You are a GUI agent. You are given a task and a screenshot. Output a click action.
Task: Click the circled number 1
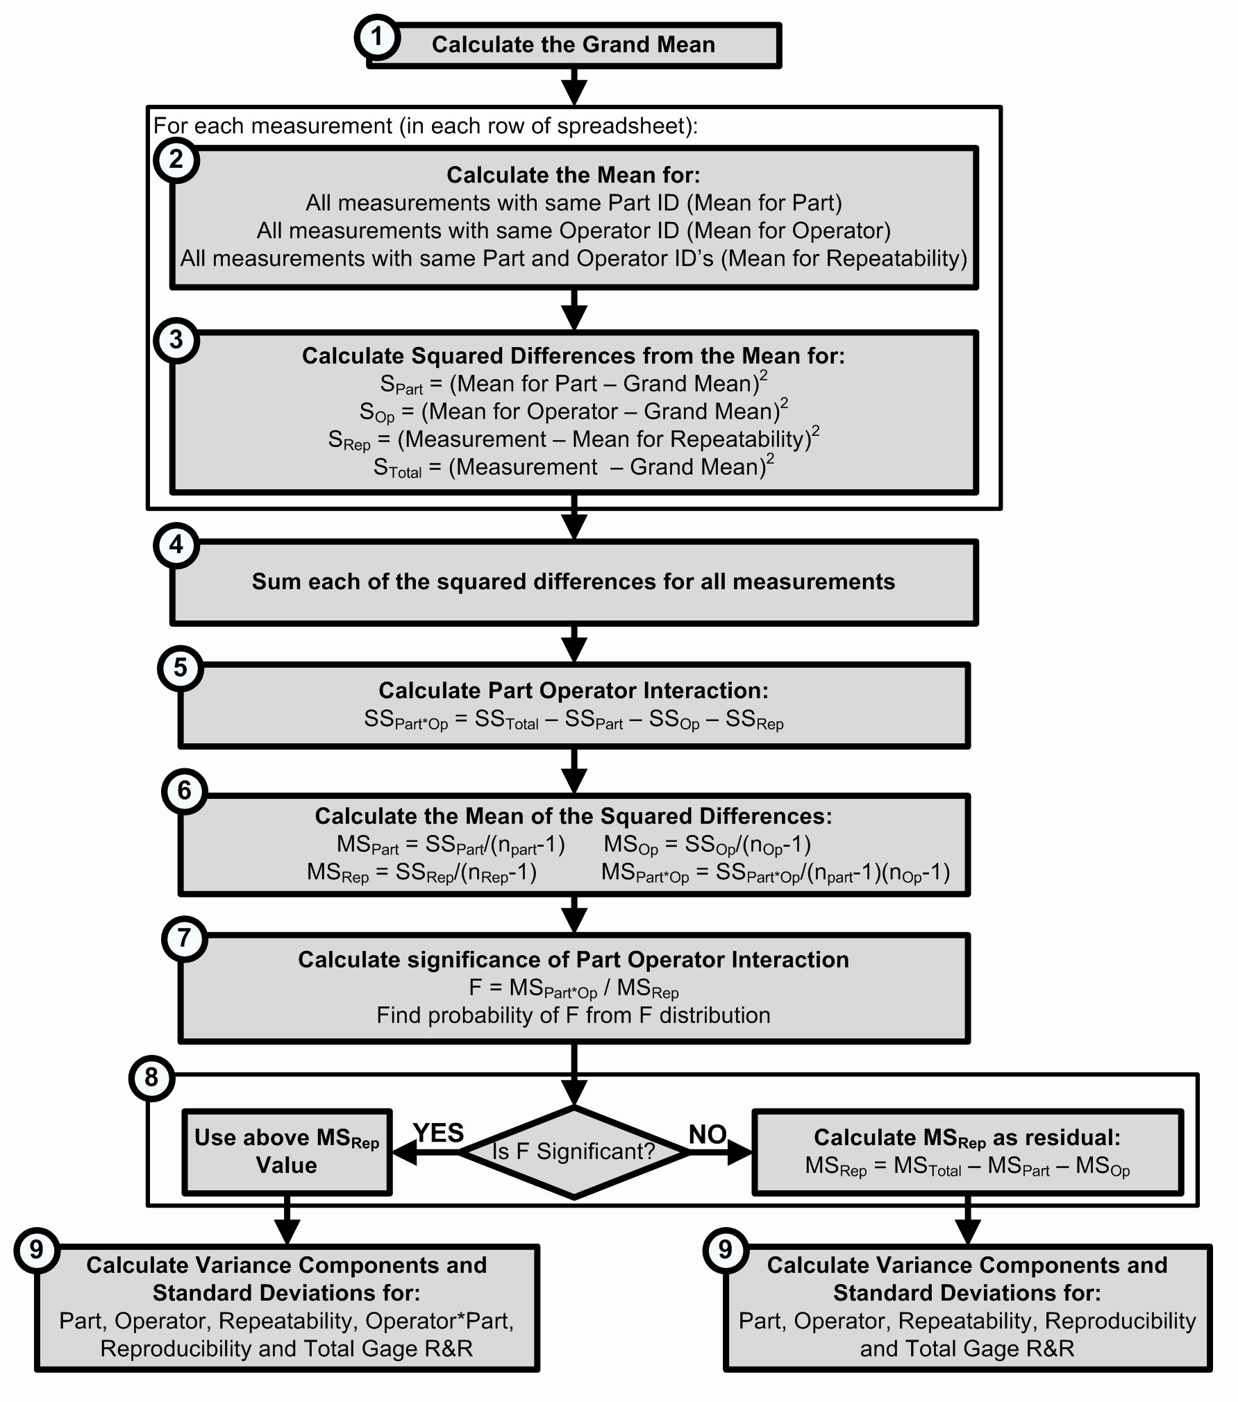[x=377, y=36]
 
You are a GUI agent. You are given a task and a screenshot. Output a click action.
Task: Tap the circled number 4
[x=176, y=545]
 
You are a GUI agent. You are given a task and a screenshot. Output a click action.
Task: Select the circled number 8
[x=151, y=1078]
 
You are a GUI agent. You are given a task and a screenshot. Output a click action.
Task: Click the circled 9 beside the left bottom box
[x=36, y=1250]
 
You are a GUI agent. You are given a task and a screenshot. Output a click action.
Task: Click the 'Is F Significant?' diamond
[x=574, y=1151]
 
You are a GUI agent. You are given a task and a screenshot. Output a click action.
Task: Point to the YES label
[x=438, y=1133]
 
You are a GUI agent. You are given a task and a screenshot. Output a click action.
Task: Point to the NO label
[x=707, y=1134]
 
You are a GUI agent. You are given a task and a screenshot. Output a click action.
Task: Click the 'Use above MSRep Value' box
[x=287, y=1151]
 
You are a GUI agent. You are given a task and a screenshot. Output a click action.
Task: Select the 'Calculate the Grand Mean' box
[x=574, y=45]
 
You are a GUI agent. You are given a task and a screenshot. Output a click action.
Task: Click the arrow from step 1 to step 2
[x=574, y=87]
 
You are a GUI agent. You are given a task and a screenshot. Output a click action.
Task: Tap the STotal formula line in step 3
[x=574, y=467]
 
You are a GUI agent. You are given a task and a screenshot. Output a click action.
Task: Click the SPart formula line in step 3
[x=574, y=384]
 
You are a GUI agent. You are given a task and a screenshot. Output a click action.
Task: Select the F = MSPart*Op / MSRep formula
[x=574, y=988]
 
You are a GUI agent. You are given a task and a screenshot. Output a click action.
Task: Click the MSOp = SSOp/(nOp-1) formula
[x=707, y=845]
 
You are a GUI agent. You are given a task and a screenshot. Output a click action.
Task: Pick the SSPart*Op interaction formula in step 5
[x=574, y=720]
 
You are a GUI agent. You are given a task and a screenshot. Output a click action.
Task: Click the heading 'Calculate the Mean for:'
[x=574, y=175]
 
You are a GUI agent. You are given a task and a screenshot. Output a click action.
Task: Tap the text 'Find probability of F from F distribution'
[x=574, y=1015]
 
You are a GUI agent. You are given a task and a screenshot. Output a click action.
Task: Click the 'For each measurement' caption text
[x=425, y=126]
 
